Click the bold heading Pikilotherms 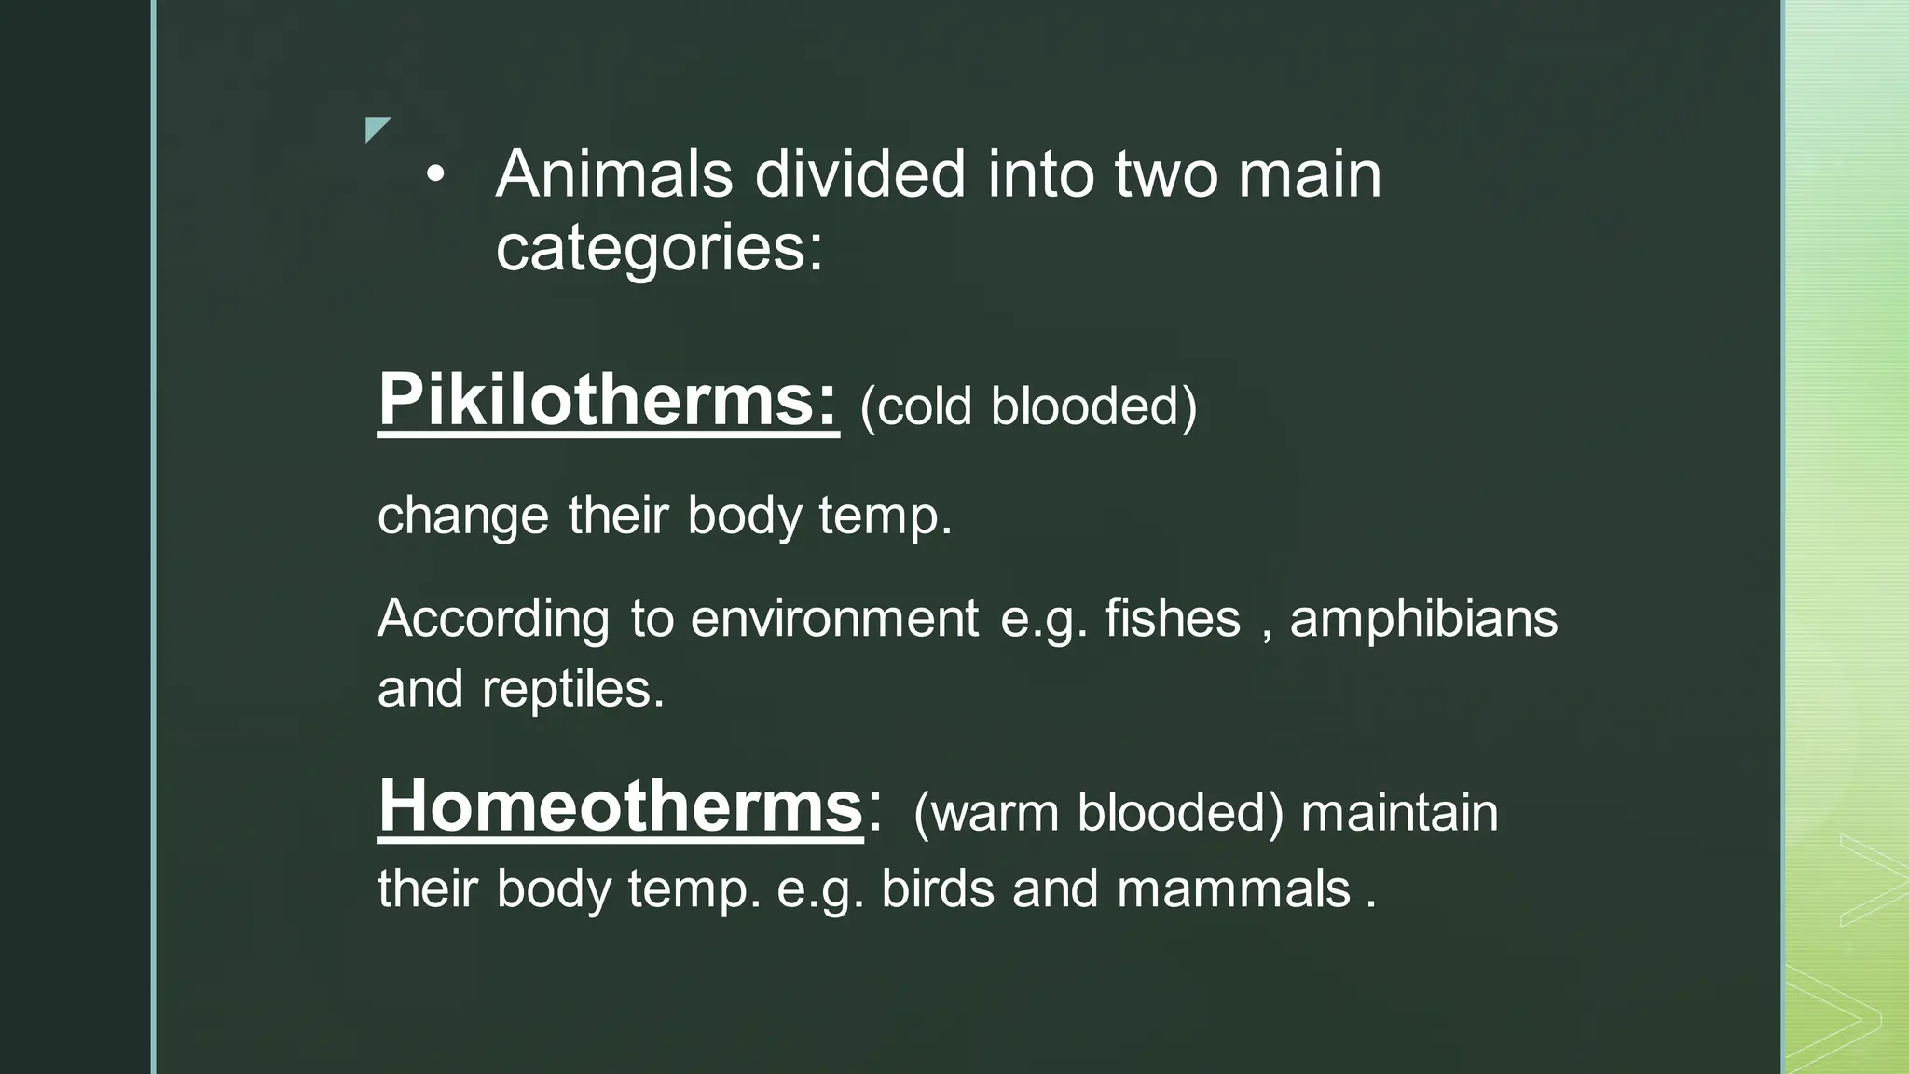(608, 400)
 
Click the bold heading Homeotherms (620, 805)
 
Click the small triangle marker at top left (376, 129)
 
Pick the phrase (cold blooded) (1028, 406)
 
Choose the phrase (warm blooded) (1098, 812)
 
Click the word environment (834, 618)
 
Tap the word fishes (1173, 618)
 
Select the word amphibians (1423, 618)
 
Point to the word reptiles (572, 689)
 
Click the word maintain (1399, 812)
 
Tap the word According (493, 619)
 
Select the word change (463, 516)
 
